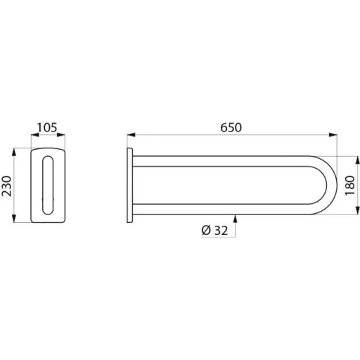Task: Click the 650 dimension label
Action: click(231, 128)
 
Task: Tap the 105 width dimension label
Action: click(47, 128)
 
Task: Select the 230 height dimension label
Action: click(6, 186)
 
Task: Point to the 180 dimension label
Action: click(349, 185)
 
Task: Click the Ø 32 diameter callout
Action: click(214, 231)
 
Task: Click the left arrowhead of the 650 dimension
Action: click(131, 134)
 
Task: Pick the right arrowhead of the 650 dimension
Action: click(333, 134)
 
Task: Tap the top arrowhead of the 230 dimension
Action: click(14, 153)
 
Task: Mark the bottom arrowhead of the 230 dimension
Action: click(14, 218)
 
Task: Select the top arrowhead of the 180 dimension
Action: click(357, 160)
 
